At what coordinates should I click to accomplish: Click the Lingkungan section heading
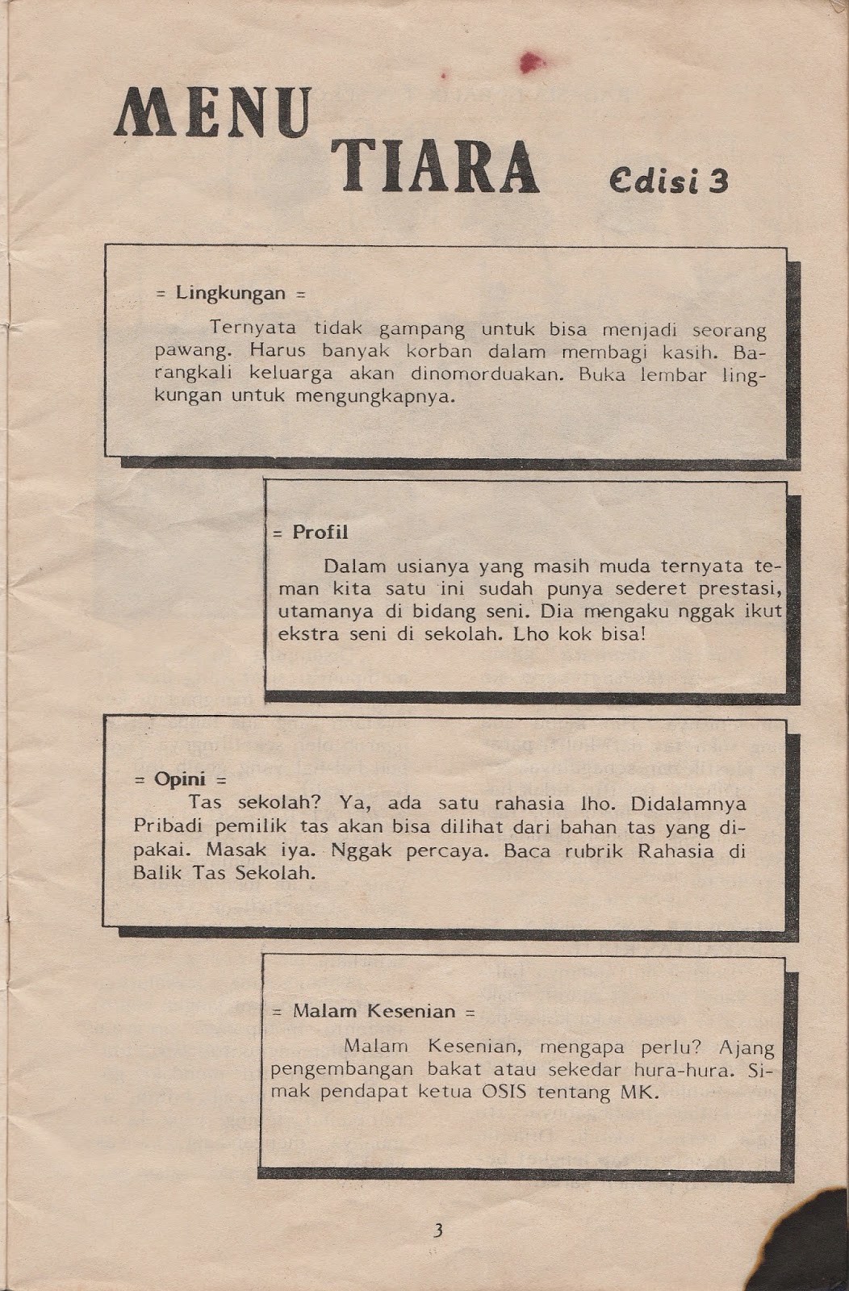tap(231, 293)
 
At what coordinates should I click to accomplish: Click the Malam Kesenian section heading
tap(374, 1011)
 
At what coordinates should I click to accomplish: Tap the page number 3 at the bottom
tap(438, 1230)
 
